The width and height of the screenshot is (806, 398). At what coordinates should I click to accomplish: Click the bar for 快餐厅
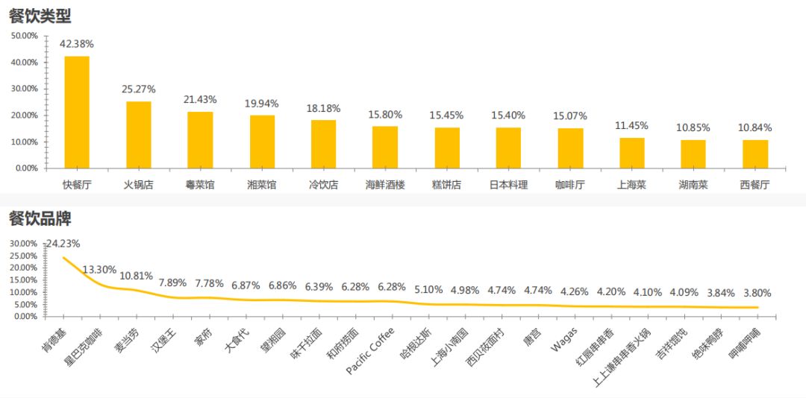[77, 112]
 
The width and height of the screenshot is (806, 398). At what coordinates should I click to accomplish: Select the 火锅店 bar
[138, 134]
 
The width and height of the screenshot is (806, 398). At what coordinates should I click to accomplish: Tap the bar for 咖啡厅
[571, 148]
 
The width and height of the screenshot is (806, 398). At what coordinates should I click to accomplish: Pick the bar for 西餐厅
[755, 154]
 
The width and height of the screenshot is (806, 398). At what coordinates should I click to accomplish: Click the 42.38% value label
[77, 44]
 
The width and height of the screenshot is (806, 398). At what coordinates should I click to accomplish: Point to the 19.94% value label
[261, 103]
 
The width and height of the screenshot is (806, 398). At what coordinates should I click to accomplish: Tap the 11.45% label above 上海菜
[632, 125]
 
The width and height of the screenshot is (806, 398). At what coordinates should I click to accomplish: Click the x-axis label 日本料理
[508, 184]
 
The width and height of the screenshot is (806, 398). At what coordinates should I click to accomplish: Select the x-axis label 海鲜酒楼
[385, 184]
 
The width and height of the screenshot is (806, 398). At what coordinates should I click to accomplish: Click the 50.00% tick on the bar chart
[24, 36]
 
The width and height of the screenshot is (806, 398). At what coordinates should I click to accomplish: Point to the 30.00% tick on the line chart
[22, 244]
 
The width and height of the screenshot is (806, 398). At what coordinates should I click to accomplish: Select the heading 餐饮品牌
[40, 218]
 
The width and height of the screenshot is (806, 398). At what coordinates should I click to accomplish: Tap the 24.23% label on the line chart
[63, 243]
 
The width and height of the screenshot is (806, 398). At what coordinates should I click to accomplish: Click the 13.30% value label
[99, 269]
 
